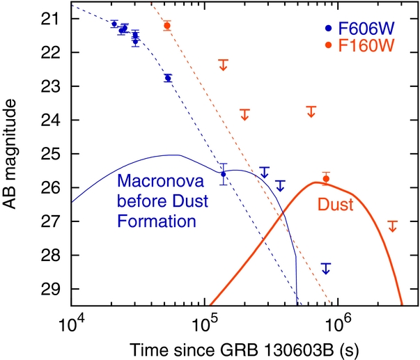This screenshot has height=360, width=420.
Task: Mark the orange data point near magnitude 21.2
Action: click(x=167, y=26)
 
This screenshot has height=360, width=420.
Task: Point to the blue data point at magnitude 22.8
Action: click(x=168, y=78)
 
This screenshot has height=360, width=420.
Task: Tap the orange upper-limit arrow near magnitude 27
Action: click(x=393, y=226)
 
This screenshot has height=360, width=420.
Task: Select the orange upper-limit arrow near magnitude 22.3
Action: click(x=224, y=64)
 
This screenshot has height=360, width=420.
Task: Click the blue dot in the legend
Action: click(x=327, y=31)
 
